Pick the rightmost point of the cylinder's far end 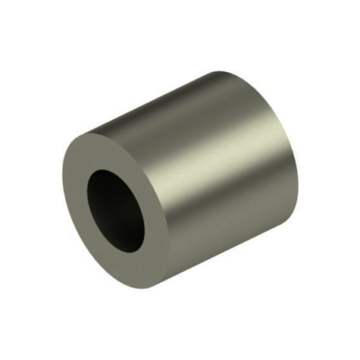(296, 153)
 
